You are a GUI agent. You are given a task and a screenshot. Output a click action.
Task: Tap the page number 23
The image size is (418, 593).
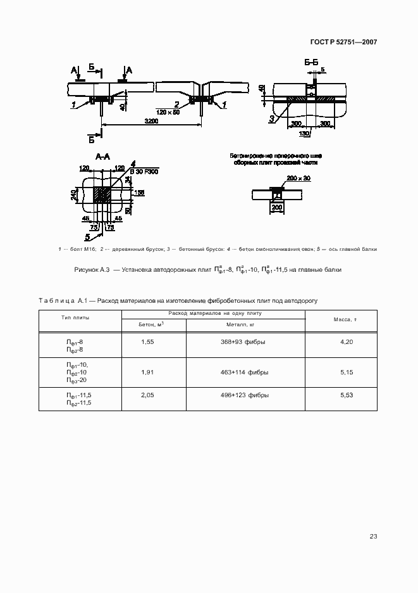pyautogui.click(x=373, y=537)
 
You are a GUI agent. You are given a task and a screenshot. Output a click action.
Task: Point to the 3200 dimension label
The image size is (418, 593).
pyautogui.click(x=151, y=121)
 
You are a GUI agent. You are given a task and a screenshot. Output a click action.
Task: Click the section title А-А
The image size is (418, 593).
pyautogui.click(x=103, y=156)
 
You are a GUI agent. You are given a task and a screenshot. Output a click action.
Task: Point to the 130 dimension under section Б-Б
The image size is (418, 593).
pyautogui.click(x=304, y=134)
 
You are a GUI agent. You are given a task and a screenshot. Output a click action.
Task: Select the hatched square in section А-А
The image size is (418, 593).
pyautogui.click(x=102, y=195)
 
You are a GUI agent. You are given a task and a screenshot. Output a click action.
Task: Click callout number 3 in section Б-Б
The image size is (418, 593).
pyautogui.click(x=271, y=118)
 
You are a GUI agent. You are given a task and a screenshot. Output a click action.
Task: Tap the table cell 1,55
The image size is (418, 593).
pyautogui.click(x=147, y=342)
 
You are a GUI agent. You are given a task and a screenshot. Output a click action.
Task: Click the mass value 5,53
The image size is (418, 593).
pyautogui.click(x=345, y=395)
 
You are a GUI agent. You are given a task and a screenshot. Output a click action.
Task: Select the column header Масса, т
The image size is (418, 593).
pyautogui.click(x=345, y=320)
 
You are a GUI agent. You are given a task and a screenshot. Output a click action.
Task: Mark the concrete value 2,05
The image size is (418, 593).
pyautogui.click(x=147, y=395)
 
